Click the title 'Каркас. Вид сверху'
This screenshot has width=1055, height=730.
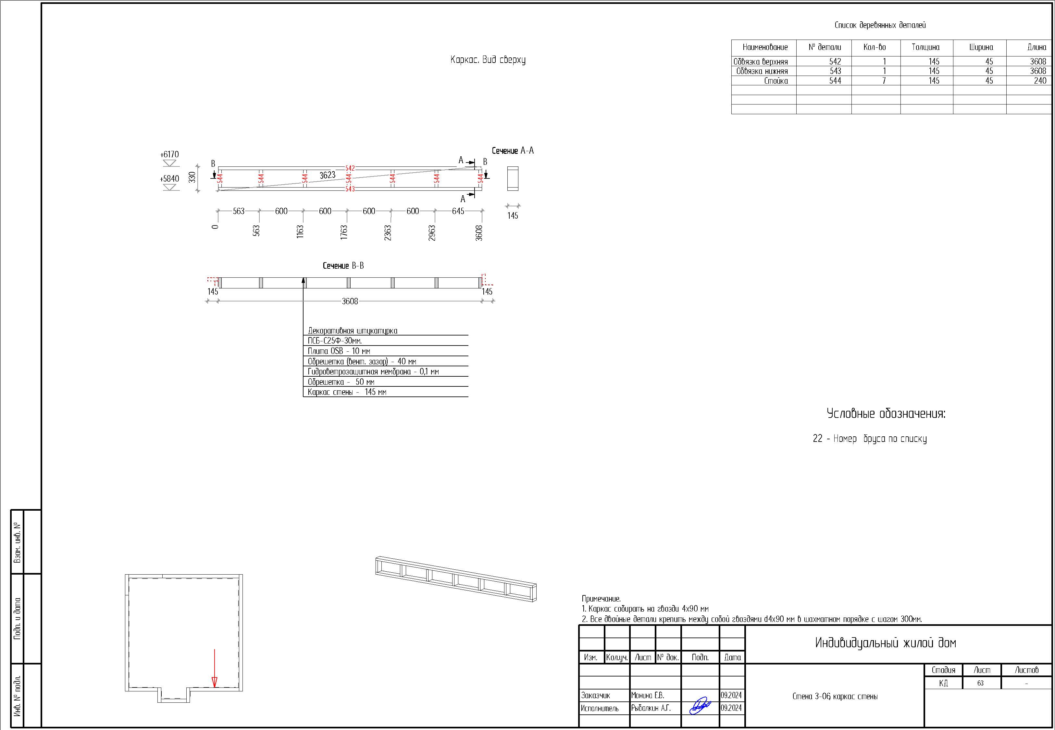pos(488,60)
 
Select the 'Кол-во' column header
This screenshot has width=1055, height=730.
pos(875,47)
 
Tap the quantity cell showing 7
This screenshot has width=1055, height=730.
pos(884,80)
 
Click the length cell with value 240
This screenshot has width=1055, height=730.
pos(1040,80)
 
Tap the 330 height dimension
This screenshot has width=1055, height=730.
pos(192,177)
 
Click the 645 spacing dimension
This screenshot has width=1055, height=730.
pos(458,211)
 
